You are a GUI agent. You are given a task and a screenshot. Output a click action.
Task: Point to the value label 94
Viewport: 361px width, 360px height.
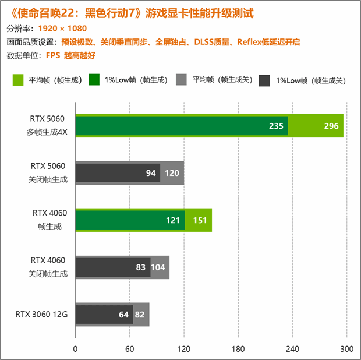point(151,173)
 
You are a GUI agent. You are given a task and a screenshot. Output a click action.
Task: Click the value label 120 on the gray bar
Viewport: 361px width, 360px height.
point(172,173)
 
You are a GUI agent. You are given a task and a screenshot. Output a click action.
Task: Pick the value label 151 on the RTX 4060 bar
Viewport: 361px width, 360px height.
point(199,220)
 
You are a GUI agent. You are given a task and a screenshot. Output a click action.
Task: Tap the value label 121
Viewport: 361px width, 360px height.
point(174,220)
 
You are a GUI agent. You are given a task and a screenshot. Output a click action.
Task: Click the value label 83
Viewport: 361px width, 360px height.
point(141,267)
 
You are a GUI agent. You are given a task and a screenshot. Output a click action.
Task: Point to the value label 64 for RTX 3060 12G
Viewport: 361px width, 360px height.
point(124,315)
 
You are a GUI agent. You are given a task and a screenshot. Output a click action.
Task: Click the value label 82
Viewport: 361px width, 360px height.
point(140,315)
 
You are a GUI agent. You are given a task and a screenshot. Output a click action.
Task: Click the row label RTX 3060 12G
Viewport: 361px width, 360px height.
point(42,315)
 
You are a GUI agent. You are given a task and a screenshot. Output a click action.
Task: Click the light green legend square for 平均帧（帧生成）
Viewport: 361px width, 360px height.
point(17,80)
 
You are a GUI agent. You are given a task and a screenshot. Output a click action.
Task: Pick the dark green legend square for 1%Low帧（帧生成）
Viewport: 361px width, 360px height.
point(93,80)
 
